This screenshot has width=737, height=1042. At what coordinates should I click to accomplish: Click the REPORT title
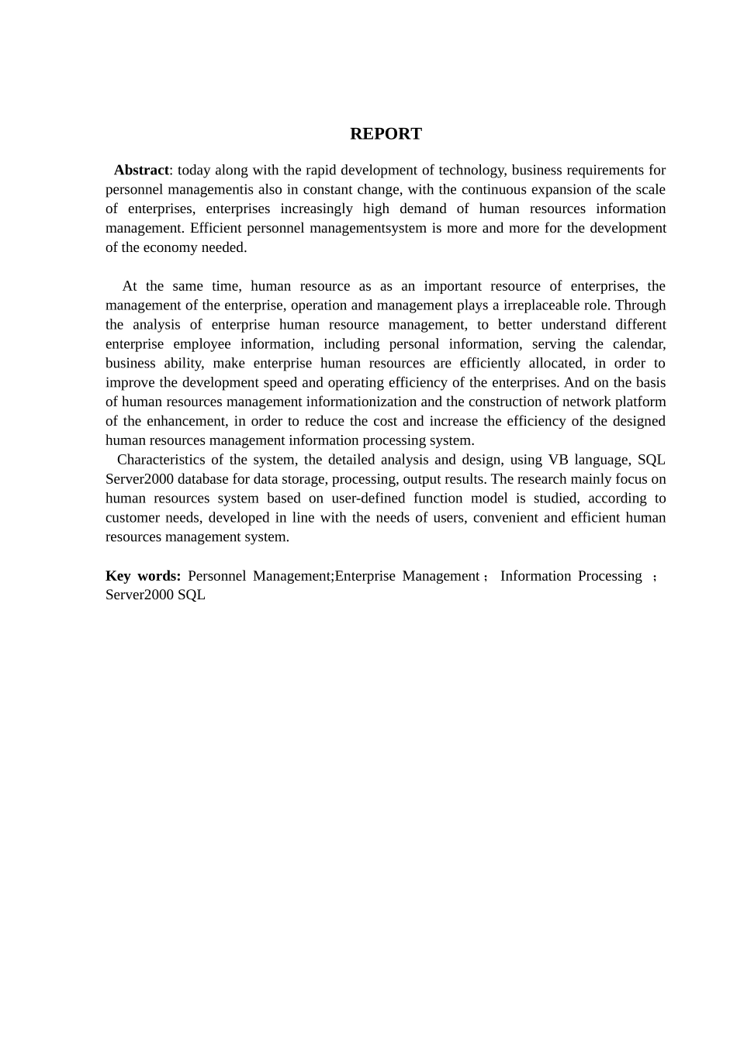[x=386, y=133]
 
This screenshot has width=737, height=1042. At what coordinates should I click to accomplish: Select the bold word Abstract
[x=141, y=170]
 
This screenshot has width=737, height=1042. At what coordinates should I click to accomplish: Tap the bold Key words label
[x=143, y=576]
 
